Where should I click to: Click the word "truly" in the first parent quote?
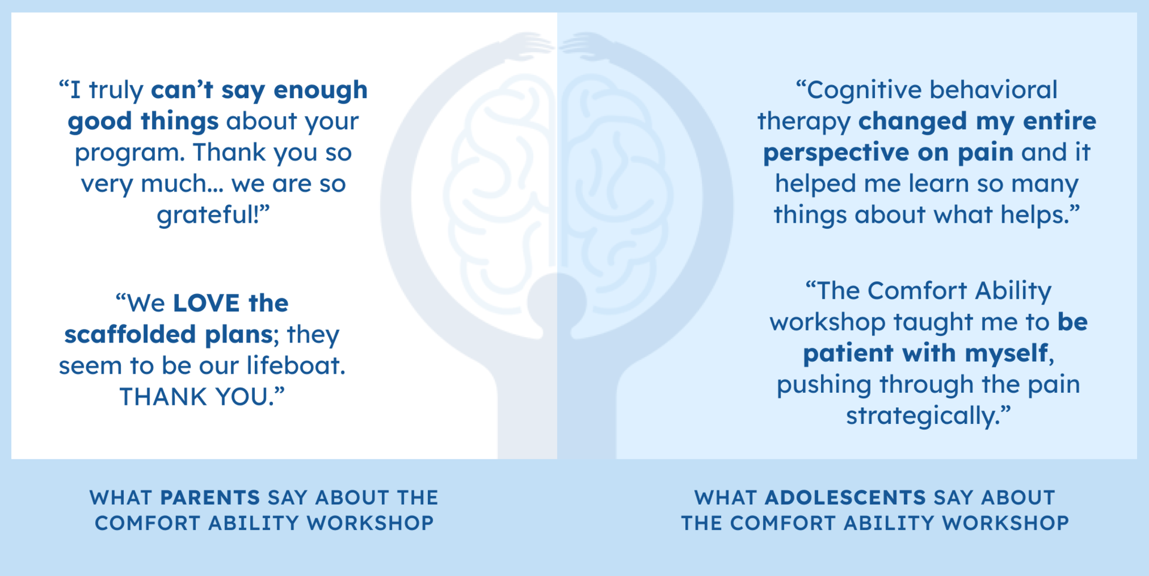tap(116, 90)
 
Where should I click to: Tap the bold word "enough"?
tap(321, 90)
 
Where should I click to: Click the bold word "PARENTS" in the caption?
tap(210, 498)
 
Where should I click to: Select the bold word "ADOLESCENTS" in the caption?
tap(845, 498)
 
